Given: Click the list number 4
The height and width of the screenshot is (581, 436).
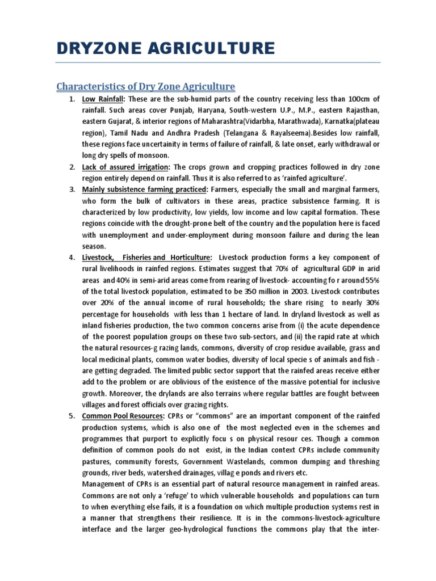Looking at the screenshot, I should click(72, 258).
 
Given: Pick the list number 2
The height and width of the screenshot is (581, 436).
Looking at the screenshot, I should click(72, 167).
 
